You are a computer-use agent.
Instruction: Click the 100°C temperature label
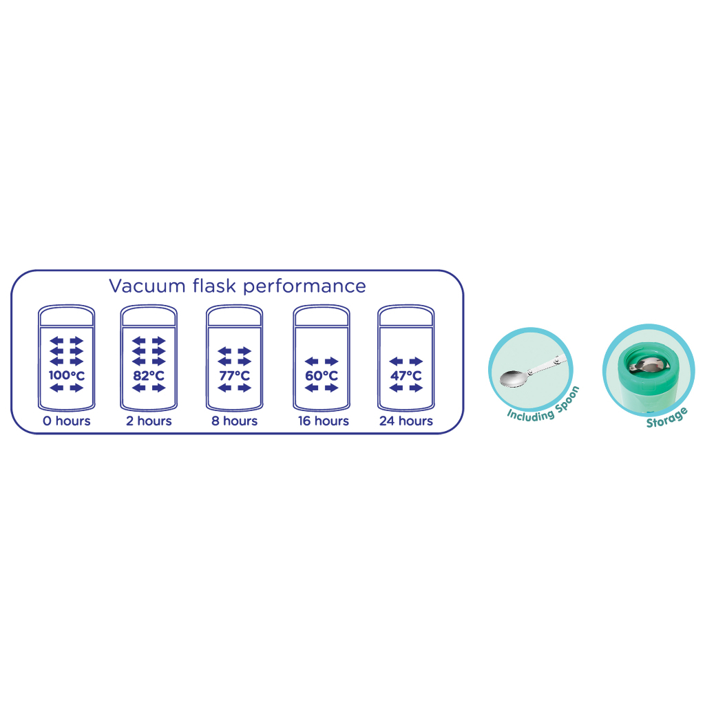[66, 376]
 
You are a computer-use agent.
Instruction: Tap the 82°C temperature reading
[149, 376]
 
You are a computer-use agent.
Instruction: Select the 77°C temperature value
[234, 376]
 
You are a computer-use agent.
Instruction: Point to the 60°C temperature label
[322, 376]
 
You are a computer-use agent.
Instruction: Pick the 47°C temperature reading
[406, 376]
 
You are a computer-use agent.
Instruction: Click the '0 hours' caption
[66, 421]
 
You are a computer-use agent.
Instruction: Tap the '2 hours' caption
[149, 421]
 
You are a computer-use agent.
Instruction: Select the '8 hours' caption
[234, 421]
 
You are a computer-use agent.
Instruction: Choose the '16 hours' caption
[323, 421]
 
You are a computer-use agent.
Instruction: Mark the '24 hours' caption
[406, 421]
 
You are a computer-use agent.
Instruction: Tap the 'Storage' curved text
[666, 417]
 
